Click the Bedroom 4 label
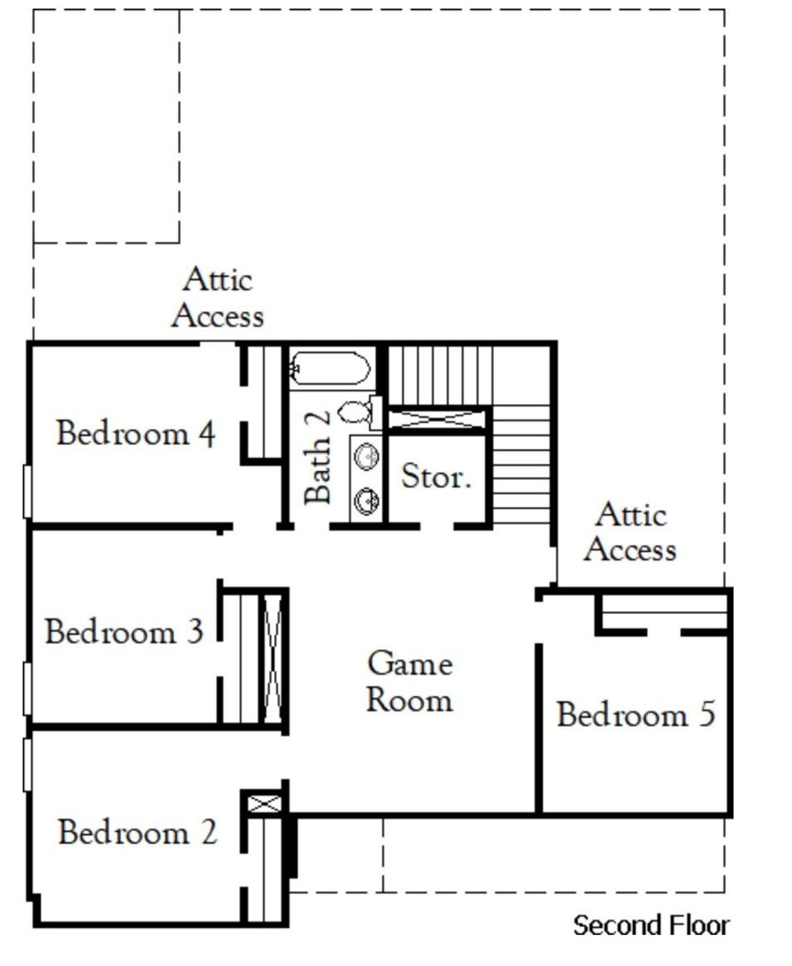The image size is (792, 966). (135, 433)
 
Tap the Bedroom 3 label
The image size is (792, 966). (124, 632)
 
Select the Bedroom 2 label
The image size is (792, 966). (138, 831)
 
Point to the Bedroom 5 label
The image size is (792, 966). (636, 714)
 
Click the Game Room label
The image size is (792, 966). (410, 681)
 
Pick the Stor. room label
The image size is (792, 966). (436, 476)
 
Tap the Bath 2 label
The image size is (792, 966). (317, 456)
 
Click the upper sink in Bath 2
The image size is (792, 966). (367, 456)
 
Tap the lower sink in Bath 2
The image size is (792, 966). (367, 501)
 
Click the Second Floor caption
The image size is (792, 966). (651, 925)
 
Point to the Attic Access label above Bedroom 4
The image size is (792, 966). (217, 297)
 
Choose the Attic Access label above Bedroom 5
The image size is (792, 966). (631, 531)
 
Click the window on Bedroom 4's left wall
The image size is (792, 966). (28, 492)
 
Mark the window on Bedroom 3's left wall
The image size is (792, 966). (28, 688)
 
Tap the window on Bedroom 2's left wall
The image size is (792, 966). (28, 765)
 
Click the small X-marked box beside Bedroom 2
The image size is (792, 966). (265, 804)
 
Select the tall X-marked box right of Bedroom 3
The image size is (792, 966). (273, 659)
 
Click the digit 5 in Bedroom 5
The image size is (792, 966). (707, 714)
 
